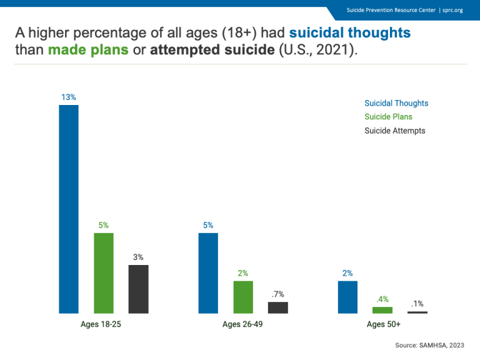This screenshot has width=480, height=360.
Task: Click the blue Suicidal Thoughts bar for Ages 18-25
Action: [x=69, y=209]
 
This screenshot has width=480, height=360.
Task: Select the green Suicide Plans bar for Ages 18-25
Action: [x=104, y=272]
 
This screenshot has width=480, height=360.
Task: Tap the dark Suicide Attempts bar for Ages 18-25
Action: [x=138, y=289]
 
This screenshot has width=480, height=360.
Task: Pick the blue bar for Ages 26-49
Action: [x=208, y=272]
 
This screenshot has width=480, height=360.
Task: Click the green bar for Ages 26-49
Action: [x=243, y=297]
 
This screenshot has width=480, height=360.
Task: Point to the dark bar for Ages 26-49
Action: [x=278, y=307]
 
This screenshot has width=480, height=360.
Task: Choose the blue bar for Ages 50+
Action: [x=347, y=297]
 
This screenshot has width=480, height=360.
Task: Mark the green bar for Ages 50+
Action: [x=382, y=310]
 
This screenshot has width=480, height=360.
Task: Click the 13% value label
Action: [x=69, y=97]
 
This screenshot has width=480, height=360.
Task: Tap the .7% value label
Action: [x=277, y=294]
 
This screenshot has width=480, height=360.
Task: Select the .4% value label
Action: [x=382, y=299]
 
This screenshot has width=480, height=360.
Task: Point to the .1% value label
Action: [x=417, y=304]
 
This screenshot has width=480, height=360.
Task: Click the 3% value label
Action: [x=138, y=257]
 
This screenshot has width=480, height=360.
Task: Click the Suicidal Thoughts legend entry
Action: [x=396, y=103]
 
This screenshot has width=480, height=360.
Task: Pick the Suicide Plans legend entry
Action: [x=388, y=117]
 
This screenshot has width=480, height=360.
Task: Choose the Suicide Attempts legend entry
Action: [x=394, y=131]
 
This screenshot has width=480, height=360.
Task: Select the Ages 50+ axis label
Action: [x=383, y=324]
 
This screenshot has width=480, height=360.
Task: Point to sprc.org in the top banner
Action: [x=452, y=10]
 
